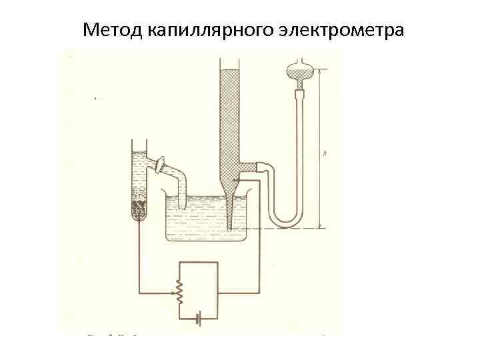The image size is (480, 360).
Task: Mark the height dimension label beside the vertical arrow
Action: [323, 153]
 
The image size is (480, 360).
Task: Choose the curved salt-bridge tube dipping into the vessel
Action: [181, 176]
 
